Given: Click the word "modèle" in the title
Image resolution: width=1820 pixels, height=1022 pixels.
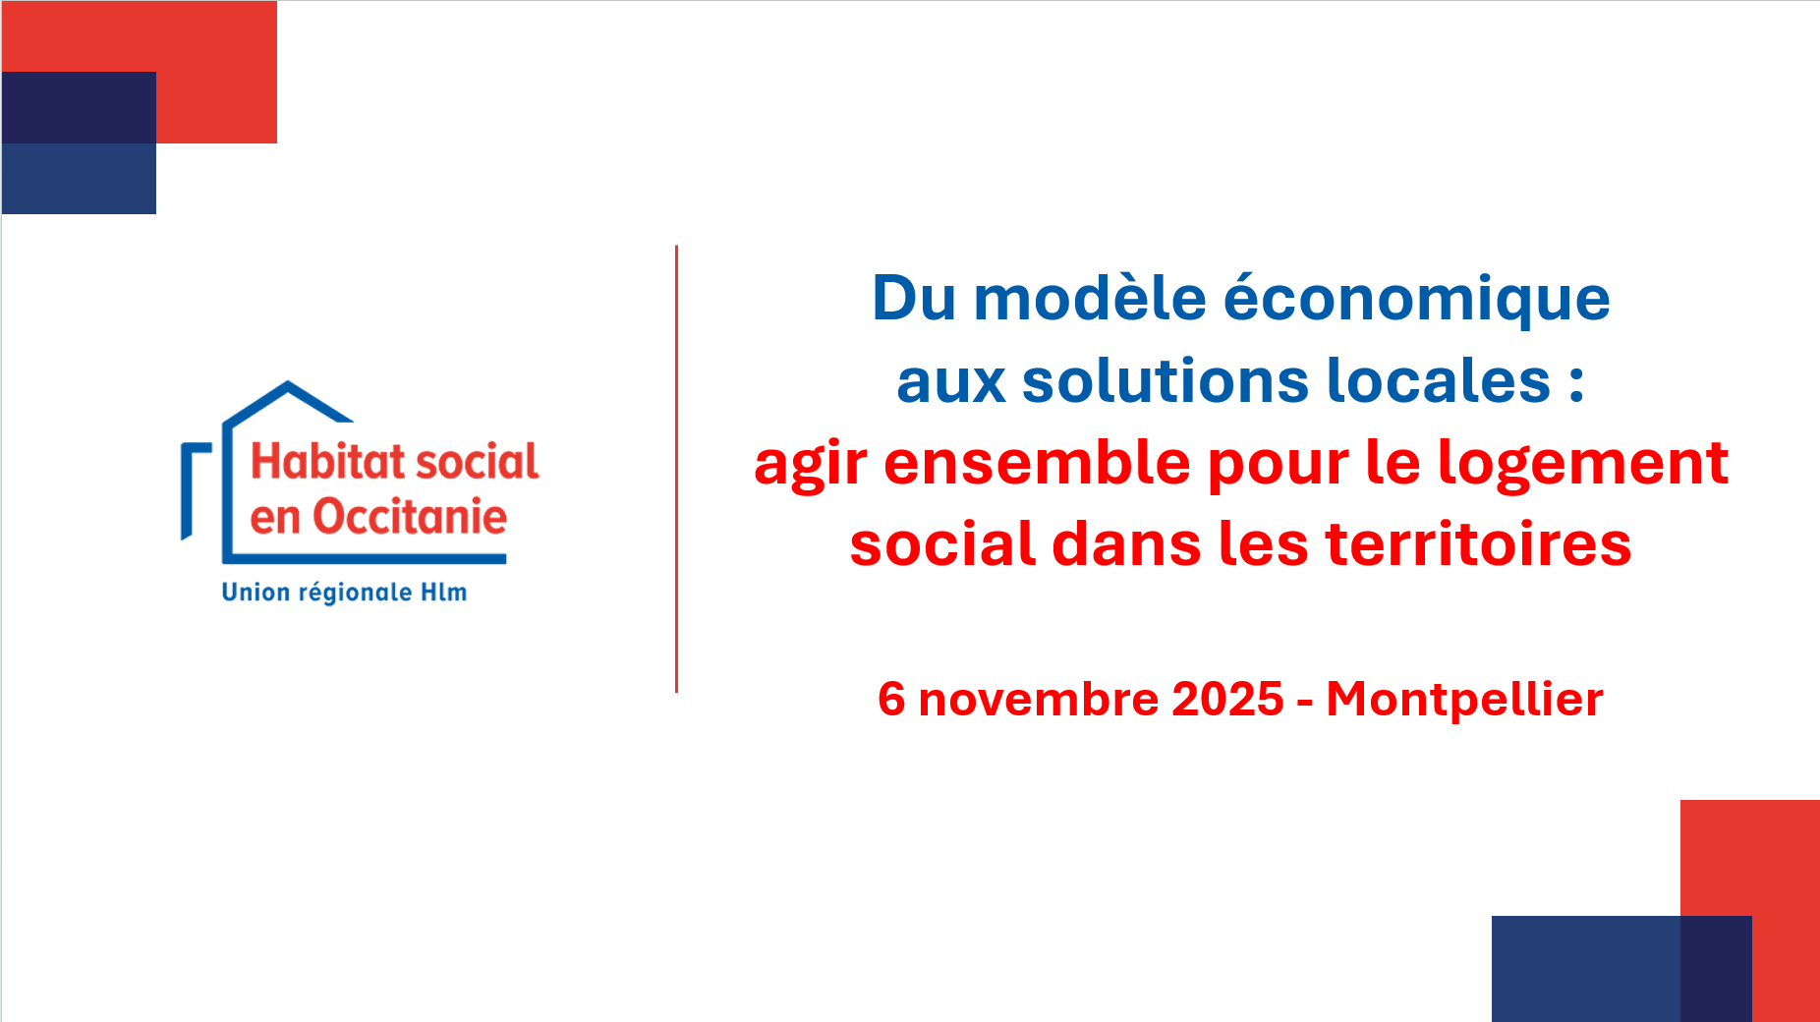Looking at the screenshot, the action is [x=1090, y=298].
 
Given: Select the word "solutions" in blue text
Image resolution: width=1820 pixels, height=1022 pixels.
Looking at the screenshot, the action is [x=1166, y=380].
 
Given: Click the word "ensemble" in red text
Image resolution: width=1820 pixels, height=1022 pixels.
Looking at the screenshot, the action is [x=1037, y=463].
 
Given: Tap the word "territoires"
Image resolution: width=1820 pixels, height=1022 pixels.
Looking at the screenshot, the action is [x=1478, y=544].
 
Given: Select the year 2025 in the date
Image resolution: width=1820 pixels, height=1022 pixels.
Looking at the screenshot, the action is [x=1228, y=699].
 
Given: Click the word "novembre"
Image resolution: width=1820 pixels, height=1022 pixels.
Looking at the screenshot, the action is [x=1045, y=700].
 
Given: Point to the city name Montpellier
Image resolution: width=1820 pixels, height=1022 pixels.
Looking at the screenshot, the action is [x=1465, y=700].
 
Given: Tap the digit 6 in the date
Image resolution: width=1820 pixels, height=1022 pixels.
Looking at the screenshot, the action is [x=891, y=699].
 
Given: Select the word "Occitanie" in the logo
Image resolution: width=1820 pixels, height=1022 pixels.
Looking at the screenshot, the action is [x=410, y=517].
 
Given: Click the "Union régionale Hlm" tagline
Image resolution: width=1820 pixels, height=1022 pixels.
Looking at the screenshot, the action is [x=344, y=593].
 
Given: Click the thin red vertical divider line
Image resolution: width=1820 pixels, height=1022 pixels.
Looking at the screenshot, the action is [x=676, y=469].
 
